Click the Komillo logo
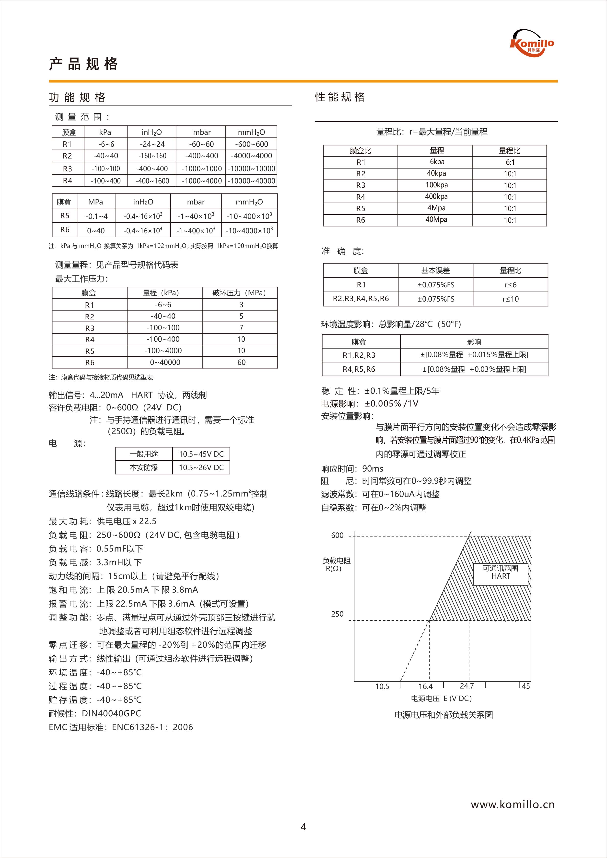click(532, 43)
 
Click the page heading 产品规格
click(84, 64)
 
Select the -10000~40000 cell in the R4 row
click(251, 181)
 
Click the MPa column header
click(95, 202)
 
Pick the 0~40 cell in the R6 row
click(96, 231)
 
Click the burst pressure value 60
click(241, 362)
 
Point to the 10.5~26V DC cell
click(201, 467)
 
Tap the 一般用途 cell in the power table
click(144, 454)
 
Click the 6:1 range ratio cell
click(510, 162)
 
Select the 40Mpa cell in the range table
click(436, 219)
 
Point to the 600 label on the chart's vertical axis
click(337, 535)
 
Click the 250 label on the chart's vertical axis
click(337, 614)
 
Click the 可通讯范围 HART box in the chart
click(501, 572)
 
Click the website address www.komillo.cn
click(512, 805)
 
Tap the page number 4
click(303, 827)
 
